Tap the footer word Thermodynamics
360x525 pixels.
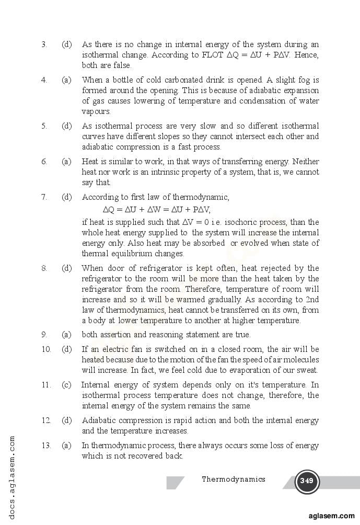(x=234, y=479)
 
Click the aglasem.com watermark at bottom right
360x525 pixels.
(x=331, y=515)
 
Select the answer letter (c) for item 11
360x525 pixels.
(x=66, y=385)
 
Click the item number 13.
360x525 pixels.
(x=46, y=446)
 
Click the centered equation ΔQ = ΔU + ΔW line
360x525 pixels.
(x=157, y=210)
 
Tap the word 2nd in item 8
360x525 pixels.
(x=312, y=300)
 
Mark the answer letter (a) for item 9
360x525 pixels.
(x=66, y=335)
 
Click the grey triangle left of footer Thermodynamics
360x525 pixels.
(x=175, y=482)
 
